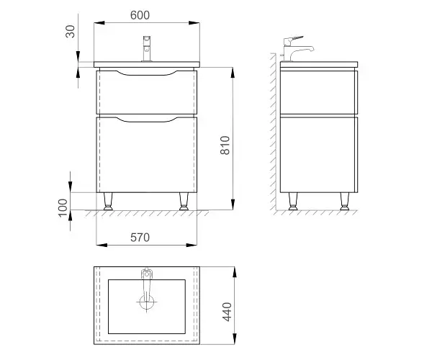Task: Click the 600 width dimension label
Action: (140, 15)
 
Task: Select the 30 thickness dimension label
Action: (71, 31)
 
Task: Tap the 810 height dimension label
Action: (225, 145)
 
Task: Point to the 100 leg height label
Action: (63, 207)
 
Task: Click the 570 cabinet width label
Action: (140, 238)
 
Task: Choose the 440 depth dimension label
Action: (227, 312)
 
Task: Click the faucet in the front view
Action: (147, 48)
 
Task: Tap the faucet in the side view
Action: (297, 48)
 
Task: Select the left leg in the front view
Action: (108, 202)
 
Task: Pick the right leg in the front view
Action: (184, 202)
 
